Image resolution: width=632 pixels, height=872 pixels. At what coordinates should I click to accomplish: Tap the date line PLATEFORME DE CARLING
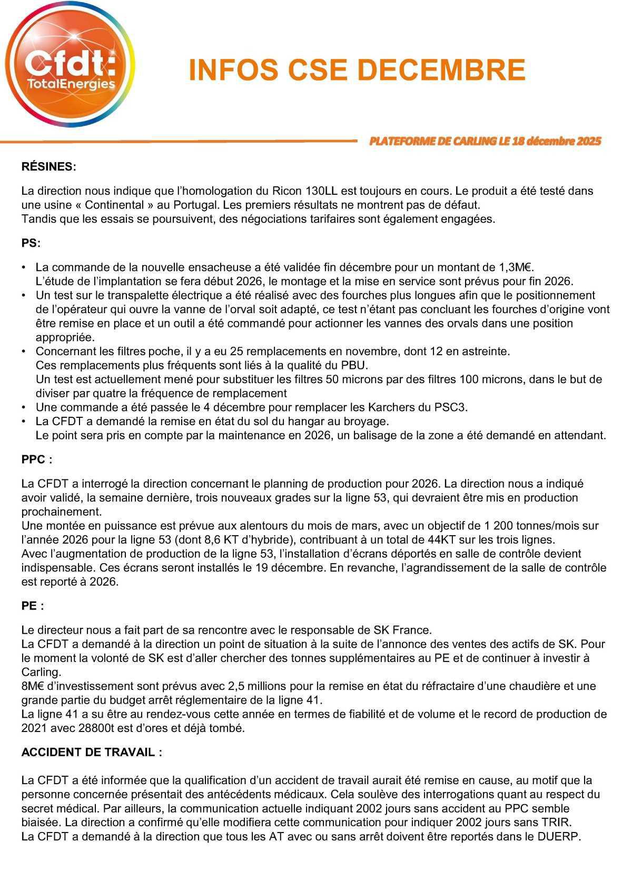point(485,141)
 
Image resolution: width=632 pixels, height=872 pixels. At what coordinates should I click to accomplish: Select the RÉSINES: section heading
point(48,167)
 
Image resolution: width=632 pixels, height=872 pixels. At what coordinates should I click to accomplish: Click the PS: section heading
point(31,243)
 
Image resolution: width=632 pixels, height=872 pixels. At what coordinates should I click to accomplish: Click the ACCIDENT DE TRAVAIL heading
point(91,752)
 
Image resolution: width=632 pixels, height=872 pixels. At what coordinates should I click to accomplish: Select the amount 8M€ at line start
point(33,686)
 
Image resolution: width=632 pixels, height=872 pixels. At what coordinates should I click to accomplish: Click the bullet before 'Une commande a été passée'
point(24,407)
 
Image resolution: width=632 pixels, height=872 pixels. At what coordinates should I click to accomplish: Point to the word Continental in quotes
point(115,205)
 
